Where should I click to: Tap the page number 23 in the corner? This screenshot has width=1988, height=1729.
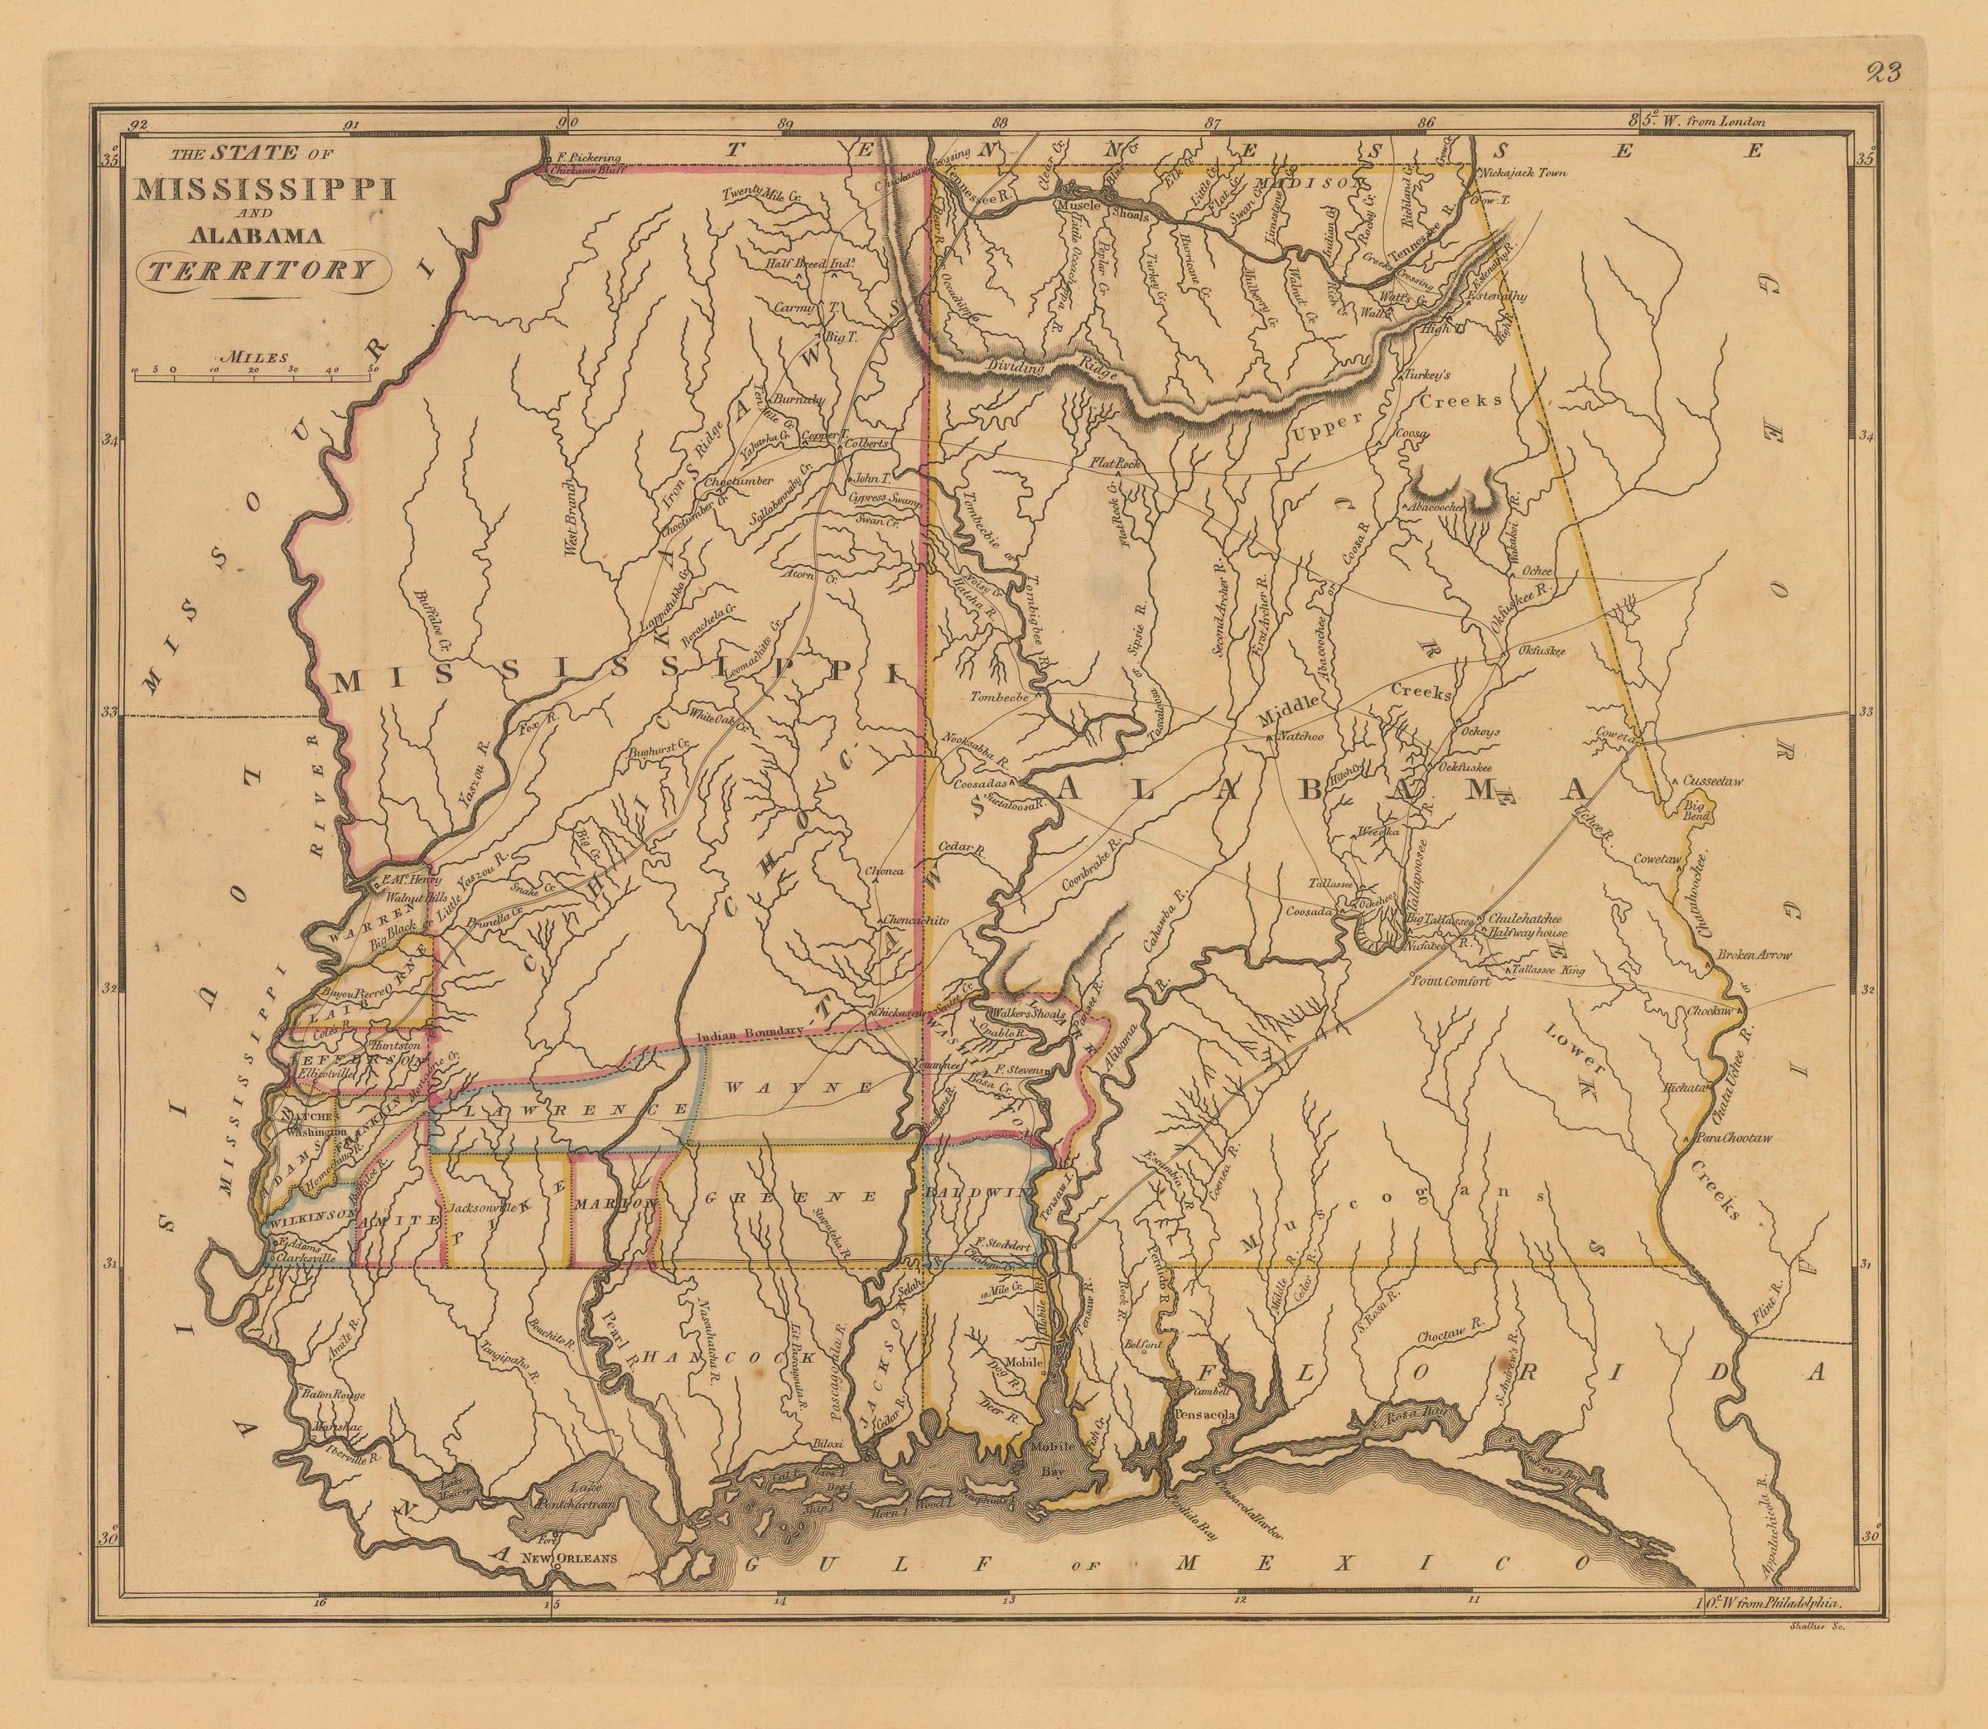(1870, 74)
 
